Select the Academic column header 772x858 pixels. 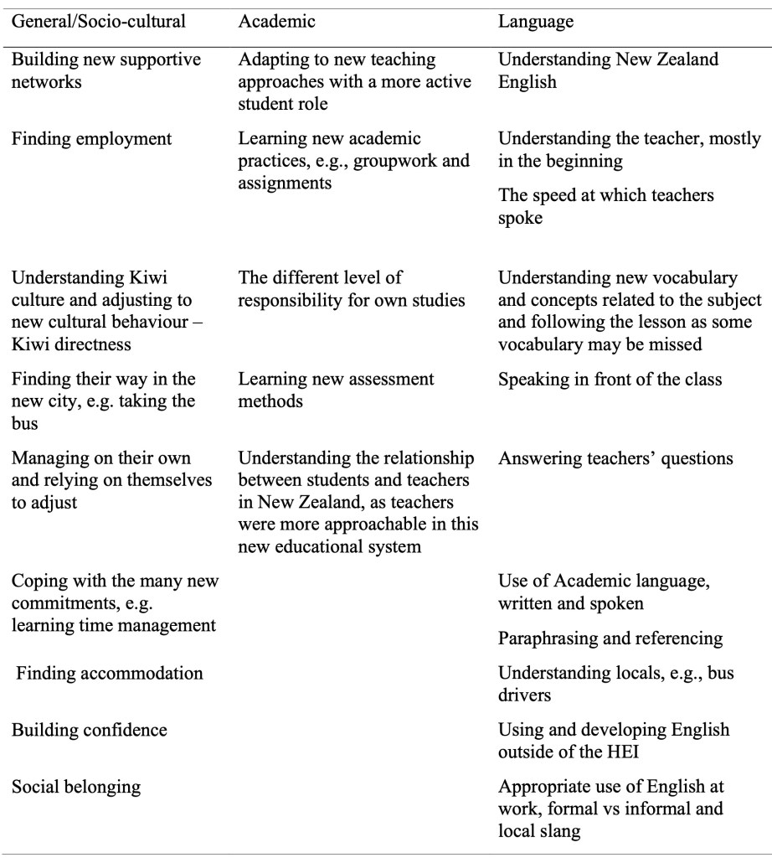[277, 22]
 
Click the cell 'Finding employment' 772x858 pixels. [92, 139]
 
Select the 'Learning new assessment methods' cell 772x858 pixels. [336, 390]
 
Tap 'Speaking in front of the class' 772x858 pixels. [609, 380]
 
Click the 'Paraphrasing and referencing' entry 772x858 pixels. [610, 638]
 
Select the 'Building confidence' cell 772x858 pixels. [89, 730]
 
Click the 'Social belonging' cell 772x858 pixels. [76, 787]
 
